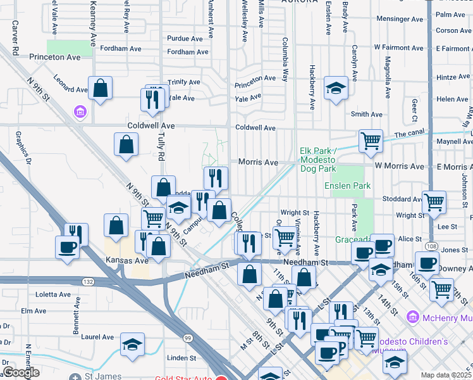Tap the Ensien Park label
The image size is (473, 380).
click(347, 186)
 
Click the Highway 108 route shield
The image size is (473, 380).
click(431, 246)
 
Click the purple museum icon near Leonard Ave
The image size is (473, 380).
click(80, 113)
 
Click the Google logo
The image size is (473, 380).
click(20, 373)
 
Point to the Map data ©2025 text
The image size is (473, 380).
click(446, 375)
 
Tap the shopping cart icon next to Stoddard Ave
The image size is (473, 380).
click(434, 203)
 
